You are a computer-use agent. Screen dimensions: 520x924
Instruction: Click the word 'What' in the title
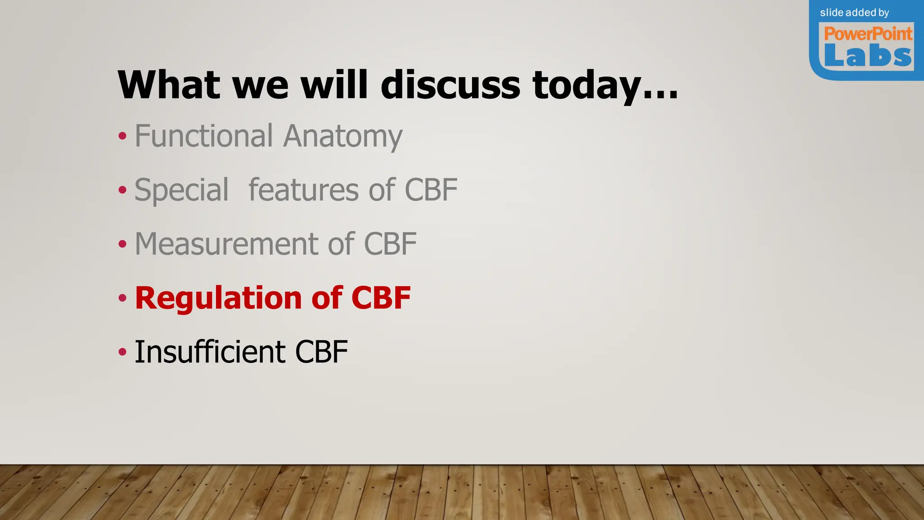click(169, 85)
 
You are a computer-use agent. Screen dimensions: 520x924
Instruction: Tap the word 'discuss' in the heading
click(450, 85)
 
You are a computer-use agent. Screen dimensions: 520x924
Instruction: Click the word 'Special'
click(182, 190)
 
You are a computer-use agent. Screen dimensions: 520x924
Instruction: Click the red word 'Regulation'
click(218, 298)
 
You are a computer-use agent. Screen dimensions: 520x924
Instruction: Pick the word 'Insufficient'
click(210, 352)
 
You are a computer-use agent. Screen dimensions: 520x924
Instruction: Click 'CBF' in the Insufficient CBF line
click(321, 352)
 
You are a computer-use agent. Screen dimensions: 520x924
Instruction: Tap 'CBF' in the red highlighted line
click(381, 298)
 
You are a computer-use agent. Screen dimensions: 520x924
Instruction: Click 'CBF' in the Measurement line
click(390, 244)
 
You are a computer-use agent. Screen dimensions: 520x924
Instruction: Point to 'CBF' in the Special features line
click(431, 190)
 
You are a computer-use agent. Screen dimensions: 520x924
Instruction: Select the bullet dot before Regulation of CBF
click(122, 298)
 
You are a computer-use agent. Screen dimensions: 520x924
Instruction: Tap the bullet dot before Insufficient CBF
click(122, 352)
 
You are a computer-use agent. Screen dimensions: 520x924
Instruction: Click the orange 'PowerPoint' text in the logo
click(868, 34)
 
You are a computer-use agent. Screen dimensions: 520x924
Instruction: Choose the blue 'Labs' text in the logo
click(868, 56)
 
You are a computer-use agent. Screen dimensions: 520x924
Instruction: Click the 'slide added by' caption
click(854, 13)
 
